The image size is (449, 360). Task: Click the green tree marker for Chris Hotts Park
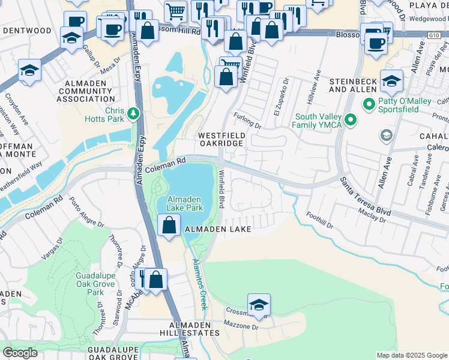[133, 112]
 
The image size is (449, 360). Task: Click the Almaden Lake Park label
[185, 203]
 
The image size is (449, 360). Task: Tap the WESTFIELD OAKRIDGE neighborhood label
[221, 139]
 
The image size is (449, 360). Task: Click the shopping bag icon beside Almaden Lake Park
[170, 225]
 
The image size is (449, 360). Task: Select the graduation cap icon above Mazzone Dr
[259, 305]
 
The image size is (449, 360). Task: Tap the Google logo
[20, 352]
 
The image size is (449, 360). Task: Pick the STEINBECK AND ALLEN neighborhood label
[353, 85]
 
